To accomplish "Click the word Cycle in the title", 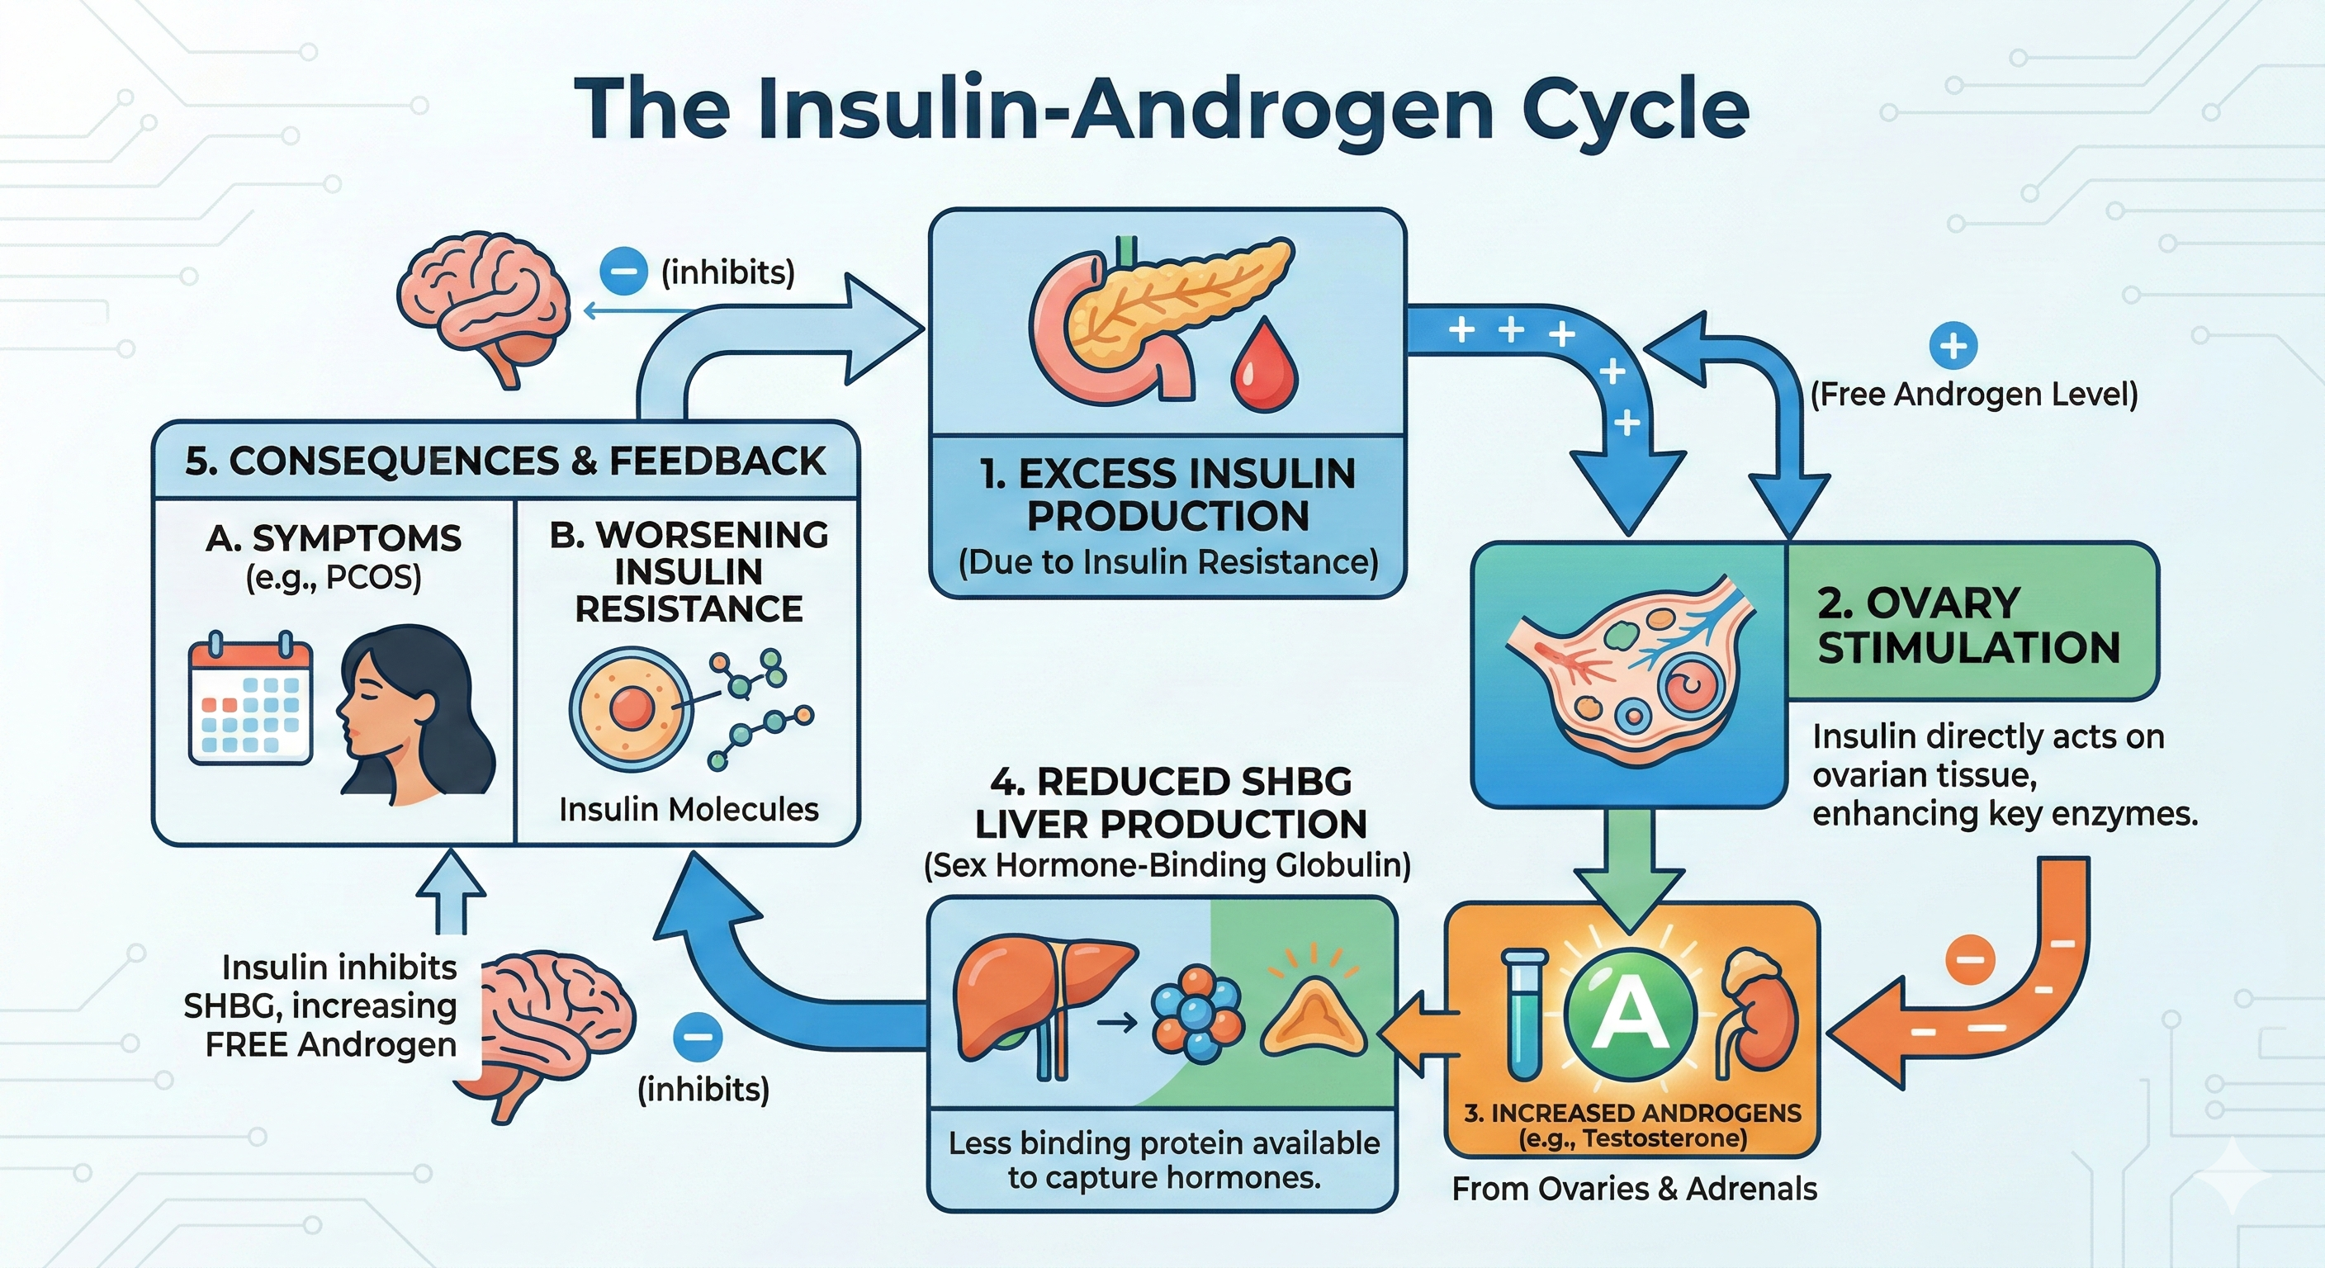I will [1635, 110].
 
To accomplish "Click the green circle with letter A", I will [1629, 1015].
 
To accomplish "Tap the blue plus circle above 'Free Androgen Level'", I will [1953, 346].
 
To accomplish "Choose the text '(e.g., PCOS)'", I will [333, 578].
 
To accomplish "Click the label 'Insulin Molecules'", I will [689, 810].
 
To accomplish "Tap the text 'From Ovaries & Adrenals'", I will [1634, 1189].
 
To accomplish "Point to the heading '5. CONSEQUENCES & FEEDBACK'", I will [504, 461].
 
